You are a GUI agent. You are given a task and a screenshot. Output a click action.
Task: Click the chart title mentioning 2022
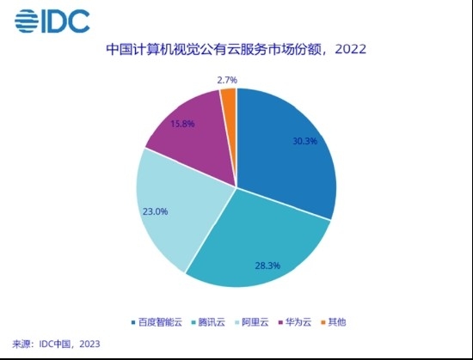[236, 49]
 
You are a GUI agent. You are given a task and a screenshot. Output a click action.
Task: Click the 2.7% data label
[227, 80]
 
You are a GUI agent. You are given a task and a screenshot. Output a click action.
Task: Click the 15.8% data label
[182, 124]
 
